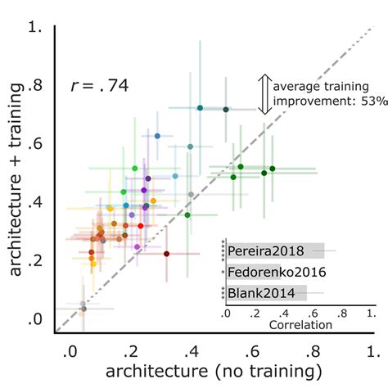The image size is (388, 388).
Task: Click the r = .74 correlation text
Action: tap(100, 84)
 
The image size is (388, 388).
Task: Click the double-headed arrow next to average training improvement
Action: tap(264, 94)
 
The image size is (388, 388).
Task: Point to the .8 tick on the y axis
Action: tap(35, 84)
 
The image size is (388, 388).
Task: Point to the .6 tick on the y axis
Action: tap(35, 142)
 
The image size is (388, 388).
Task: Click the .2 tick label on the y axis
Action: tap(35, 259)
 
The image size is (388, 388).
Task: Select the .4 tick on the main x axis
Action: tap(193, 351)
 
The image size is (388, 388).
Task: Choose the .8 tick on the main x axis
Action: tap(314, 351)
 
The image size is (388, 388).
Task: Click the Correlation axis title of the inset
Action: tap(299, 325)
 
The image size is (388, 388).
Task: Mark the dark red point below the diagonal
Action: tap(165, 254)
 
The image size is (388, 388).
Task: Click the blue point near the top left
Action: tap(157, 135)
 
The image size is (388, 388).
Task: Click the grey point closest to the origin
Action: tap(83, 306)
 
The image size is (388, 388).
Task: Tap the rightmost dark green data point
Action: tap(273, 169)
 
